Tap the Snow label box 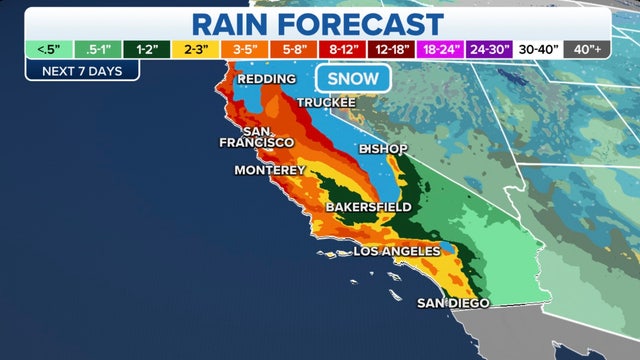346,79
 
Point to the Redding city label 267,79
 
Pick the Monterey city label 269,170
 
